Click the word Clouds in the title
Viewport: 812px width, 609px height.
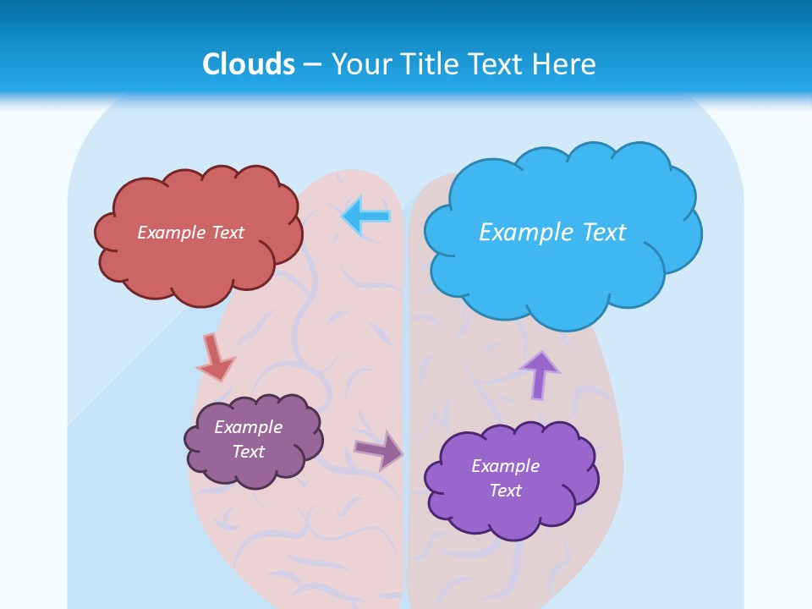pos(249,64)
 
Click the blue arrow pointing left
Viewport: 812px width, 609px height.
pos(366,216)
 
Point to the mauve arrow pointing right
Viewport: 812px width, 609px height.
pos(380,450)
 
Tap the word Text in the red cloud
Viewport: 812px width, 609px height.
pos(226,233)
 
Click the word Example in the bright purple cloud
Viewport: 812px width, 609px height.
pos(505,466)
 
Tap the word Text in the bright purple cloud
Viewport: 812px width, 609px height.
pos(505,491)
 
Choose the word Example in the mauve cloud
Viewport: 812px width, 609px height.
pos(248,427)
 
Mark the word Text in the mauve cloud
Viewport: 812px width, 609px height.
pos(248,452)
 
